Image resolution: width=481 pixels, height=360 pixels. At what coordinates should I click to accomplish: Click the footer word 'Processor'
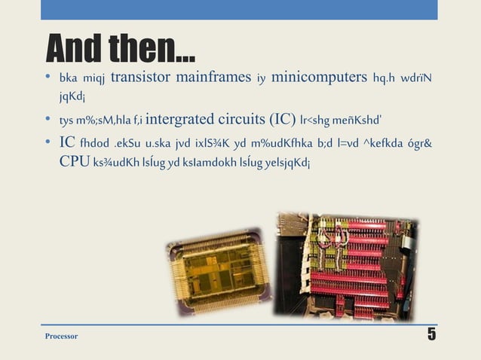pos(62,336)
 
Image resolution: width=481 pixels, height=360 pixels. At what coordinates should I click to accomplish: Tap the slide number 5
pos(432,334)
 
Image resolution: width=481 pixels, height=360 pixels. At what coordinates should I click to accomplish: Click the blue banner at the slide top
pos(240,10)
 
